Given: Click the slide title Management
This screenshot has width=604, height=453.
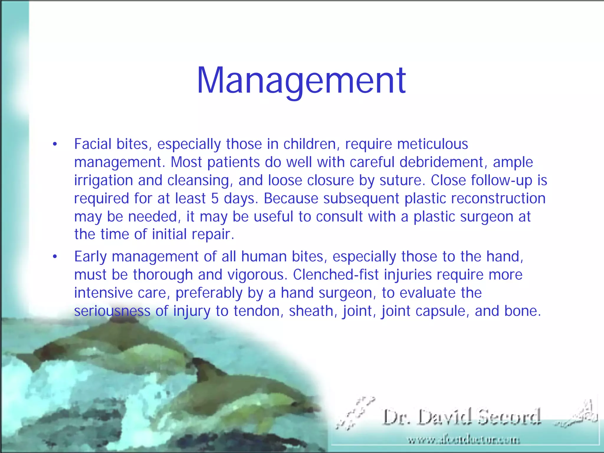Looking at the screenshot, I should [301, 81].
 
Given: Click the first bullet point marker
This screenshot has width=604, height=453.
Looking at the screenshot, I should [55, 145].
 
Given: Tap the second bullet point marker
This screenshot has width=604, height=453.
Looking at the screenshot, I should [55, 257].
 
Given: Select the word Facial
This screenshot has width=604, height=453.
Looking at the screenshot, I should [93, 144].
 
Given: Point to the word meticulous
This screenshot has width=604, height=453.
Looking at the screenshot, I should [432, 144].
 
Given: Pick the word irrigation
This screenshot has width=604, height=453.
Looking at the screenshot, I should [103, 180].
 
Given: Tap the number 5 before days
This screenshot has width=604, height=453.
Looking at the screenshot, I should [215, 198].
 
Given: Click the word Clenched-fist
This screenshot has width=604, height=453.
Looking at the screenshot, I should [336, 275].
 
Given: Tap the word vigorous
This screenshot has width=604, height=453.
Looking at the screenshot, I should [257, 275].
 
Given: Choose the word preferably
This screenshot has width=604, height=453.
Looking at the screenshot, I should [209, 293].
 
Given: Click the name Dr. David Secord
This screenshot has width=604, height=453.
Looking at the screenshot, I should [462, 417].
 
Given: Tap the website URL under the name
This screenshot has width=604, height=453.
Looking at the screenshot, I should [464, 440].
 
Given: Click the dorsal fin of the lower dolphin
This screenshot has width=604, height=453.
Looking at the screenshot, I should [203, 366].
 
